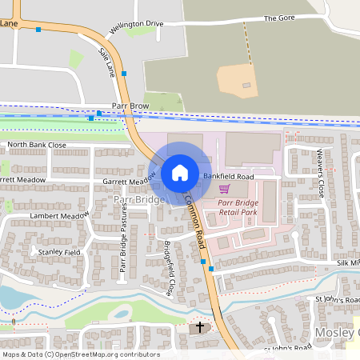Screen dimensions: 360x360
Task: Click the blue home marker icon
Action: pos(180,173)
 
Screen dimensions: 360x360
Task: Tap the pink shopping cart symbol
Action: pos(225,190)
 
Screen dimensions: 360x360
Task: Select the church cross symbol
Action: pos(201,328)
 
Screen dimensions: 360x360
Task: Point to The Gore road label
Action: pos(279,18)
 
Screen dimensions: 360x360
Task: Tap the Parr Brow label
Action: pos(131,105)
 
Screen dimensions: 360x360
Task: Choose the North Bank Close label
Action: pos(36,146)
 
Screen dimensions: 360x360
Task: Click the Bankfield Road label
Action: pos(228,175)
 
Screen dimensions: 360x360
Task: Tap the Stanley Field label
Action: pos(59,251)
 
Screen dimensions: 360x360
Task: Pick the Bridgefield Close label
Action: pos(168,268)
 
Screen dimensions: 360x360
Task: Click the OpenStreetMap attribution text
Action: pos(81,354)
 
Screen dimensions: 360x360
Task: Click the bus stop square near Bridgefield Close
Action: pos(203,262)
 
